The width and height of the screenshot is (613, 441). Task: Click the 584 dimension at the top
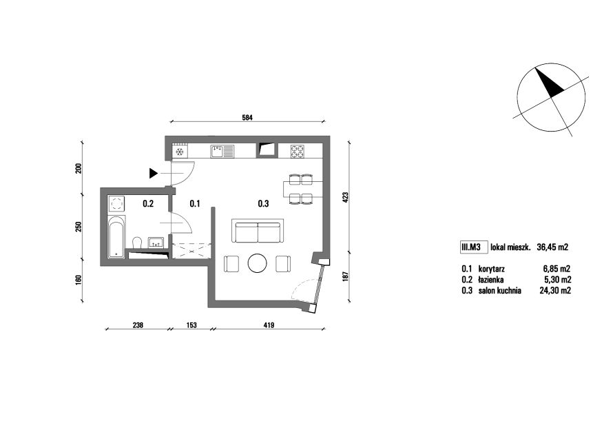(247, 117)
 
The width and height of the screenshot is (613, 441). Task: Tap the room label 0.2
(148, 204)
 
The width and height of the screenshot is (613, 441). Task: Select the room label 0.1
(195, 204)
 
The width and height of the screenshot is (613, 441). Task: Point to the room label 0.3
(263, 204)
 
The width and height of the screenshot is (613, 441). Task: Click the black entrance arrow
(153, 173)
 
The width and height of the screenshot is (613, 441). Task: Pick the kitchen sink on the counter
(222, 152)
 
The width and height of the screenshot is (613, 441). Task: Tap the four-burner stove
(297, 152)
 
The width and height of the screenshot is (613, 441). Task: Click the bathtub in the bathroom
(116, 237)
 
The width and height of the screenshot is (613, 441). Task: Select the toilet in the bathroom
(137, 243)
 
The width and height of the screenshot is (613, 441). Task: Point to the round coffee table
(258, 263)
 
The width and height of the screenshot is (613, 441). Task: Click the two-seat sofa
(258, 231)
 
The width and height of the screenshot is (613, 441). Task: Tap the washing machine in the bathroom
(116, 204)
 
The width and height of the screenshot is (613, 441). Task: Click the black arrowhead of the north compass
(550, 83)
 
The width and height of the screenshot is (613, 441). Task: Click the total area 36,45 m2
(552, 247)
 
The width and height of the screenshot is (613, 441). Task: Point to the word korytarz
(491, 269)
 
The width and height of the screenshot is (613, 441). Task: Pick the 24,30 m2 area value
(555, 291)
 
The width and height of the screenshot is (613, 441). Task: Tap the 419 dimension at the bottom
(269, 325)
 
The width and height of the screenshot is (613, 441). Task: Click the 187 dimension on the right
(345, 276)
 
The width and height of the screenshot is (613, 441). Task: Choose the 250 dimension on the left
(79, 227)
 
